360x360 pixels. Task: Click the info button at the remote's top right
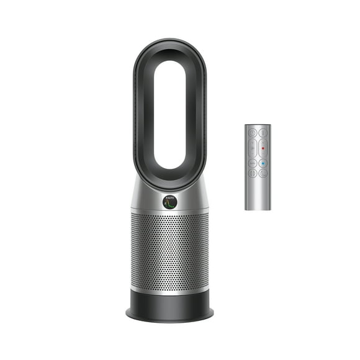pos(263,132)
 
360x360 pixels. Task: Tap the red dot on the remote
pos(263,148)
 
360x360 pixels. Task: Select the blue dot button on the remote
pos(263,164)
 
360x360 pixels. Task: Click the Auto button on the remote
pos(252,164)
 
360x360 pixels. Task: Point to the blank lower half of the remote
pos(257,196)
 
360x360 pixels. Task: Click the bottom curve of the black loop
pos(170,180)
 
